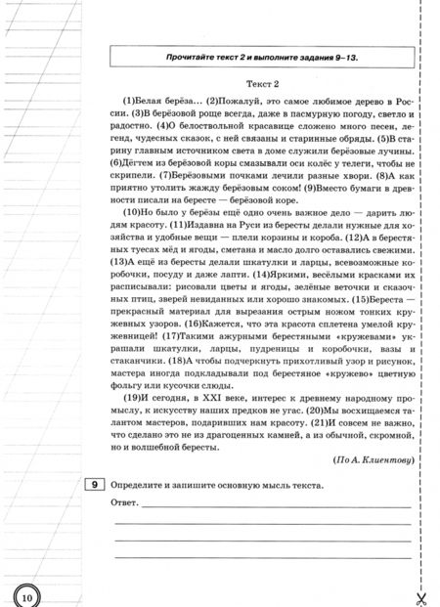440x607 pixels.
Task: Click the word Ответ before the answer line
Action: [126, 506]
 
